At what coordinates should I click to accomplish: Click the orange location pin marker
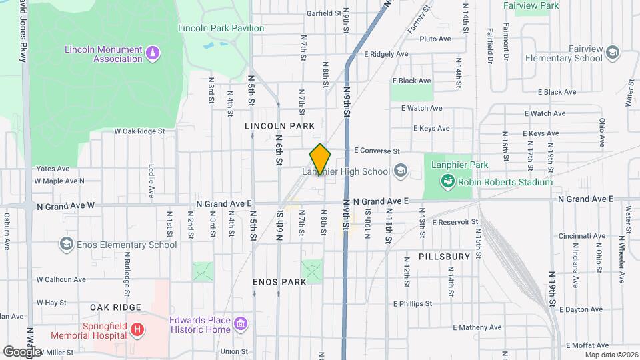[x=321, y=159]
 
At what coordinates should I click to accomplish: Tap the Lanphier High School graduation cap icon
[x=400, y=171]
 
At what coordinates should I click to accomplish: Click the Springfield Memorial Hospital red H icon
[x=137, y=329]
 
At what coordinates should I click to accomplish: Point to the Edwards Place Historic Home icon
[x=241, y=325]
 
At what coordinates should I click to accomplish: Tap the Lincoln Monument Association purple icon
[x=153, y=53]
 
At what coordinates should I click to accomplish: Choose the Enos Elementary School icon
[x=67, y=245]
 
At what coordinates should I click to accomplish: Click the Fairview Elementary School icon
[x=611, y=53]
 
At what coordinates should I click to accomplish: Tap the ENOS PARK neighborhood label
[x=279, y=281]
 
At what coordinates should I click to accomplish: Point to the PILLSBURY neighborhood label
[x=445, y=256]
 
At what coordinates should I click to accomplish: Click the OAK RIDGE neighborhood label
[x=116, y=307]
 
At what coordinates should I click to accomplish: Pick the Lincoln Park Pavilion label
[x=221, y=28]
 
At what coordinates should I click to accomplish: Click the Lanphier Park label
[x=459, y=165]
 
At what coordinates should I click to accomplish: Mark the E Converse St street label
[x=377, y=151]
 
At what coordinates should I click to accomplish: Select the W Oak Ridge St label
[x=139, y=131]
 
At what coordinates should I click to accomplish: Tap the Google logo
[x=22, y=351]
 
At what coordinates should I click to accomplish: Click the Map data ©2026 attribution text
[x=612, y=355]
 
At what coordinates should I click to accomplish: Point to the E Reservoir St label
[x=455, y=221]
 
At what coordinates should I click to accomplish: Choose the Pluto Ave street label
[x=435, y=39]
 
